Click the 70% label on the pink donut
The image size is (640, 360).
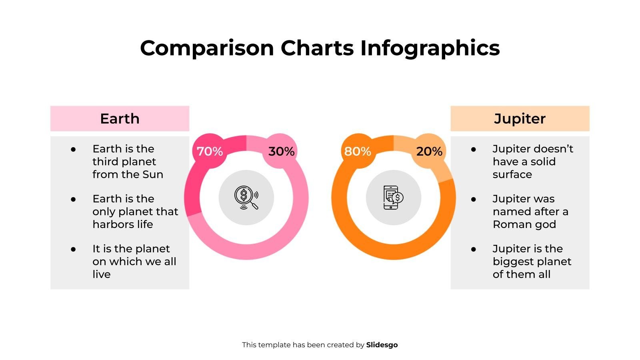210,152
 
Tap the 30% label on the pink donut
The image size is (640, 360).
281,152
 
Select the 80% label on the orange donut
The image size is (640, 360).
357,152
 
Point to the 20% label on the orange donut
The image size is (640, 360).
429,152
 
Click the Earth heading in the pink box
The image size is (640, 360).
120,119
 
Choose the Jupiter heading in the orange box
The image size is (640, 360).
520,119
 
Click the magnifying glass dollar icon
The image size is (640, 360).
246,198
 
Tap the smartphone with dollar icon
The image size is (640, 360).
393,198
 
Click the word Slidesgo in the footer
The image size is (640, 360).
382,345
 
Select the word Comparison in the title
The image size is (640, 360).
207,48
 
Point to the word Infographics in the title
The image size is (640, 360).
430,48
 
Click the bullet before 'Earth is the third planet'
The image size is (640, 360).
73,149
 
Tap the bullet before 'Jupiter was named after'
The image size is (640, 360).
474,199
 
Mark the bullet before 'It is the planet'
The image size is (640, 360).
73,249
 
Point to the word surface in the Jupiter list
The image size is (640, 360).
512,174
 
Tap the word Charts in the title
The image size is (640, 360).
317,48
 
